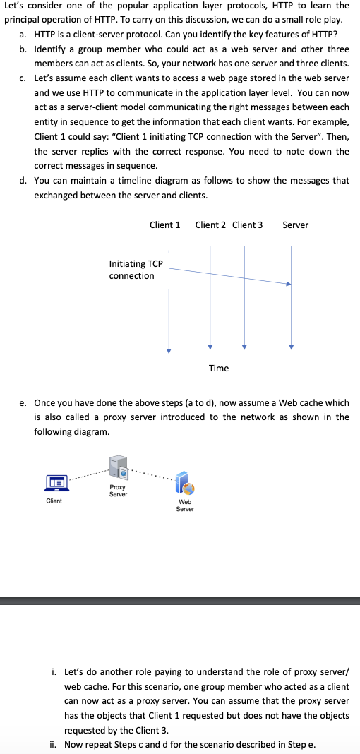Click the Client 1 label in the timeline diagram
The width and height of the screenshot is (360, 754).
[164, 225]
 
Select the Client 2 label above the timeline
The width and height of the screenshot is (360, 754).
[210, 225]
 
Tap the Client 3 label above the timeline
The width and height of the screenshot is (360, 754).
[247, 225]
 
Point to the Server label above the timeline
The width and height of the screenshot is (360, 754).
[295, 225]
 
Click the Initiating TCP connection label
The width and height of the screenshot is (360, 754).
[136, 270]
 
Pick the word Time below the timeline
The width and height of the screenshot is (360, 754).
[219, 368]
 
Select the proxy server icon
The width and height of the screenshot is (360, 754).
[118, 468]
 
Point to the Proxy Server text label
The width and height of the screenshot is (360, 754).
[118, 491]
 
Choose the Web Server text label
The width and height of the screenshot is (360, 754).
[185, 505]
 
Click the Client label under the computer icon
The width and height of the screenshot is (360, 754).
[54, 501]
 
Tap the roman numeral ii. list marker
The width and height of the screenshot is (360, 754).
[53, 744]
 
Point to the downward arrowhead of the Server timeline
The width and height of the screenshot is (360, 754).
[291, 347]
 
